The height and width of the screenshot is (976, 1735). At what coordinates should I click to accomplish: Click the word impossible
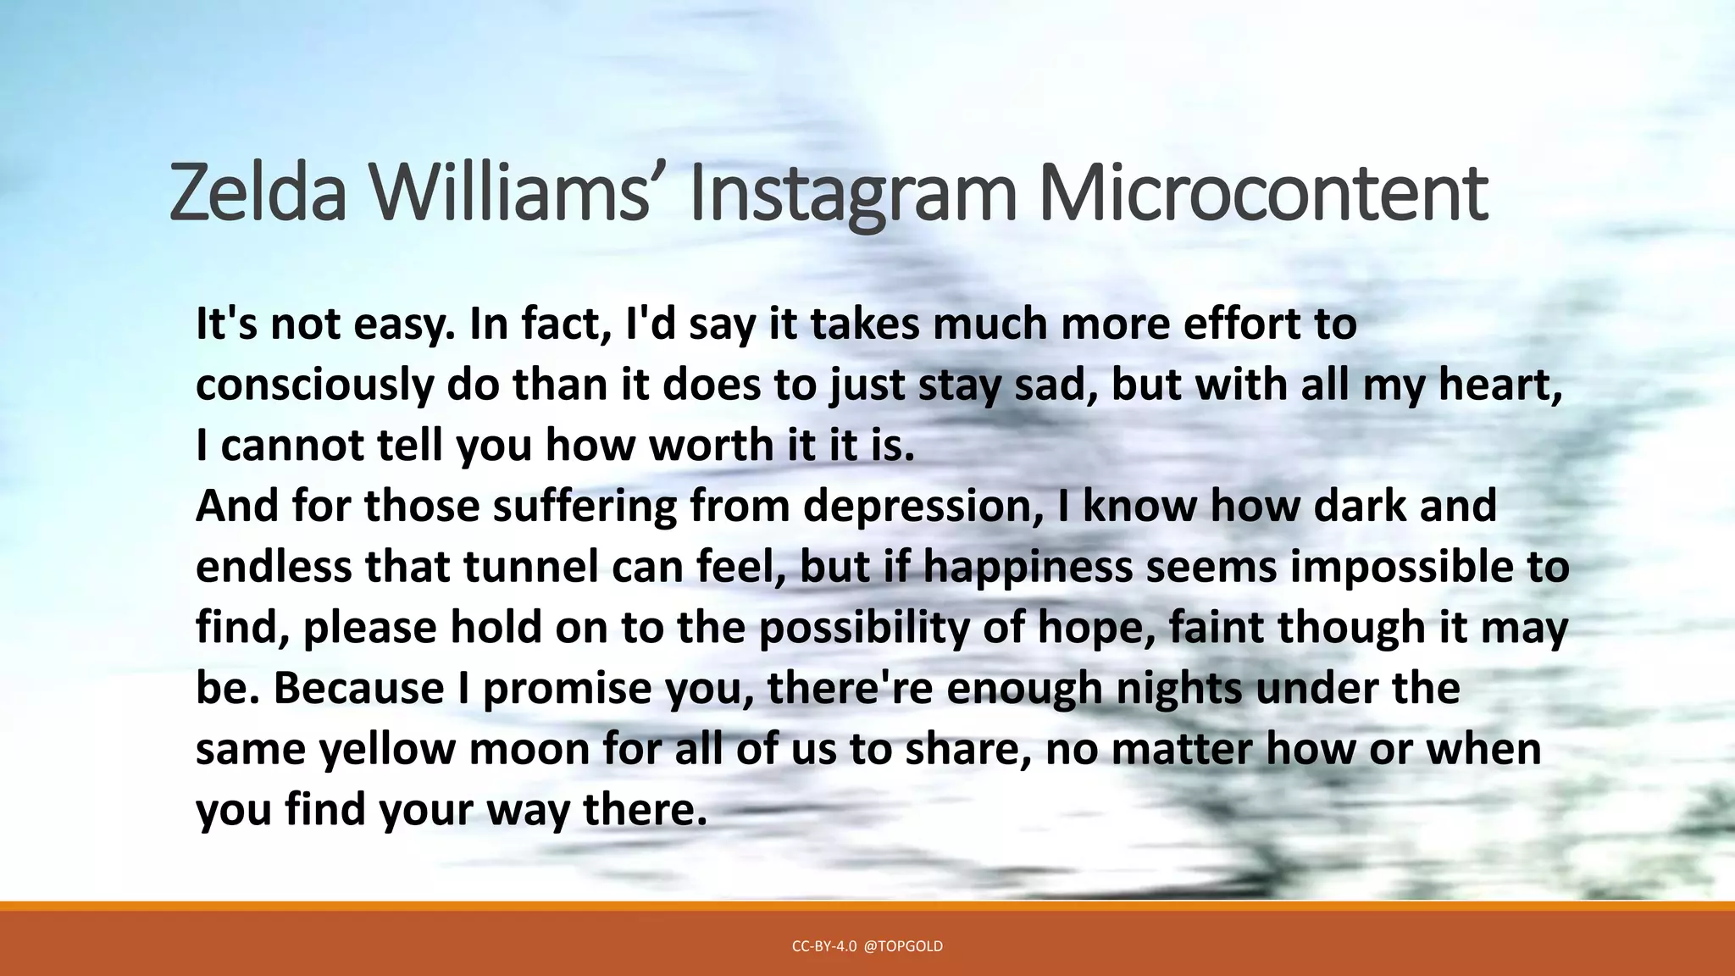click(x=1402, y=567)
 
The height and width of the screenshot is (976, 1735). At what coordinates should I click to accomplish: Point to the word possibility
click(x=863, y=628)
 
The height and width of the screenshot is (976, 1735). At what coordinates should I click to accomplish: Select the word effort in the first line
click(x=1238, y=324)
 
